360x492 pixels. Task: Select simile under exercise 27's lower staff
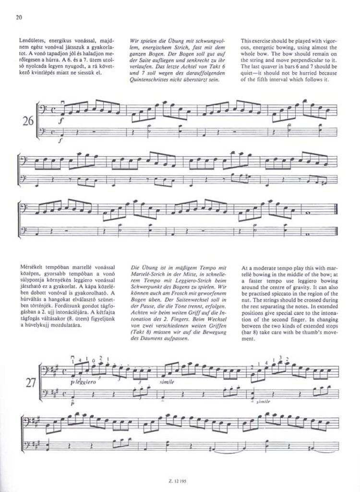pos(263,401)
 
